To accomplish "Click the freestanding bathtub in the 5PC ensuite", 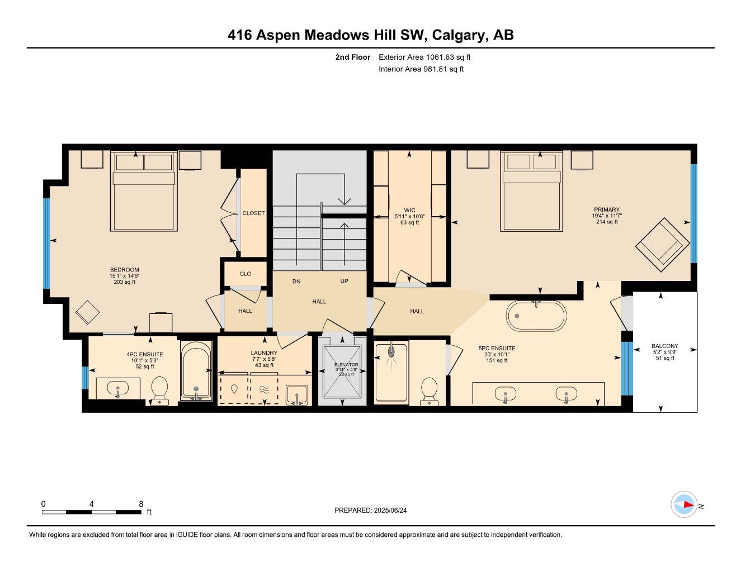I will point(536,316).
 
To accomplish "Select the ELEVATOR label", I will point(346,364).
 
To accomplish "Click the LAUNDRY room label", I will point(264,353).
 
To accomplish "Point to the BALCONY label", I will point(664,346).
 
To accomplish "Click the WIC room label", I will point(409,210).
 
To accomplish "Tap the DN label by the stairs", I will point(296,282).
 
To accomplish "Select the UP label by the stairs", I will point(344,282).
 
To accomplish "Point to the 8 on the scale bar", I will point(141,503).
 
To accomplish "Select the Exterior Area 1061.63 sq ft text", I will point(424,57).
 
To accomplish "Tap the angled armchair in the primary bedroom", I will point(662,241).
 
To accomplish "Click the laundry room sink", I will point(296,395).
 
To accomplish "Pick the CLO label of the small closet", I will point(245,274).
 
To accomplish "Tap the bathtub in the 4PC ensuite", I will point(196,371).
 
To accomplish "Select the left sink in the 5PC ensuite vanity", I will point(505,394).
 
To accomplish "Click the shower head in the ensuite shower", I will point(391,351).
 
